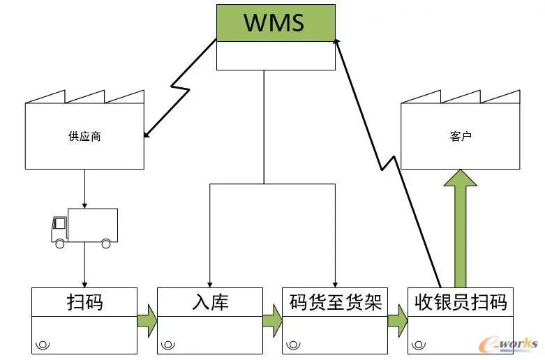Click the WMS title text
click(274, 22)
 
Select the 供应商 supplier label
click(84, 137)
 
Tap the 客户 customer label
click(460, 137)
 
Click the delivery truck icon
click(84, 227)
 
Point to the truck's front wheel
click(60, 243)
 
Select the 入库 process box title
click(210, 302)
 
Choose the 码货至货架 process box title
click(335, 302)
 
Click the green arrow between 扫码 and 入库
click(147, 320)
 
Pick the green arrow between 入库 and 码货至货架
click(272, 320)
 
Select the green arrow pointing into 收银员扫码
click(397, 320)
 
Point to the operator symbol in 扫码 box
click(44, 345)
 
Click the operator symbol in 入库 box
click(169, 345)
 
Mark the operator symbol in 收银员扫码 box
click(419, 345)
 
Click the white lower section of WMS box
click(275, 55)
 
